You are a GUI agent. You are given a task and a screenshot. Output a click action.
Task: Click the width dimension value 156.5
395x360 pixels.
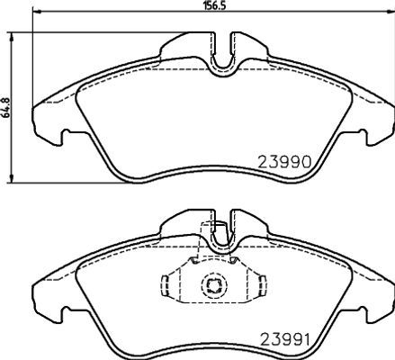coord(214,6)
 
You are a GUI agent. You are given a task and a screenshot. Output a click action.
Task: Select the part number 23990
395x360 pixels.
coord(285,162)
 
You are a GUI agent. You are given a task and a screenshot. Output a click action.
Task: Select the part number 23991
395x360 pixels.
coord(284,339)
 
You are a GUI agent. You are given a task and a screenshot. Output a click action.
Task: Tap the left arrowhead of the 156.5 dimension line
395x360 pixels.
coord(36,12)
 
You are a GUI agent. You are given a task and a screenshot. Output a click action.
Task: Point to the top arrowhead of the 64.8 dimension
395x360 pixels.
coord(12,36)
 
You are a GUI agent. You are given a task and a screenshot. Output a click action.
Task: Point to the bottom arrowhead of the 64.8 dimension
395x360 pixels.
coord(12,178)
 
